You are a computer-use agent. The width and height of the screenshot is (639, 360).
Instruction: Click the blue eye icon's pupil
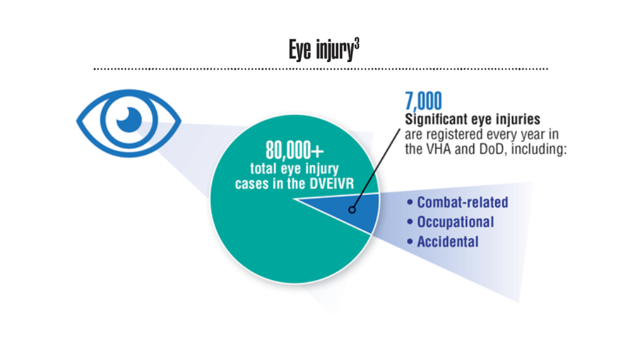coord(129,120)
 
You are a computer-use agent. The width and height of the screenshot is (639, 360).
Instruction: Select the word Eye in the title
coord(300,50)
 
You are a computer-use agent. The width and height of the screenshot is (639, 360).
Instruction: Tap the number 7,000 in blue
coord(424,101)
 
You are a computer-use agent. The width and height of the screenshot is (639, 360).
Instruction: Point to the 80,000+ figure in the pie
coord(295,150)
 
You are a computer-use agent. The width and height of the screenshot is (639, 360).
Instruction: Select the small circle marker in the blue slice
coord(352,210)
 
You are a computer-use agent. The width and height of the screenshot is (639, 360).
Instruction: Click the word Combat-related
coord(463,202)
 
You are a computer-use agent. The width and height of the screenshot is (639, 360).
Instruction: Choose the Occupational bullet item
coord(450,222)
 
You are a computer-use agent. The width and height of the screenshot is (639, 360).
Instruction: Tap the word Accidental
coord(448,242)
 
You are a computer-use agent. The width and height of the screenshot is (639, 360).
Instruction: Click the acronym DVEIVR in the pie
coord(332,184)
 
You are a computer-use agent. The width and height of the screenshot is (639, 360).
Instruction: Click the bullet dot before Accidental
coord(410,242)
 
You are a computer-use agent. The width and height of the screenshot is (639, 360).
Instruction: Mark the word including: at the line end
coord(539,149)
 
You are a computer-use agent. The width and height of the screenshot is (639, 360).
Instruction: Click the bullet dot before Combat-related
coord(410,202)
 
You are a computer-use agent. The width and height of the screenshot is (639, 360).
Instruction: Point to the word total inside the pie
coord(263,168)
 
